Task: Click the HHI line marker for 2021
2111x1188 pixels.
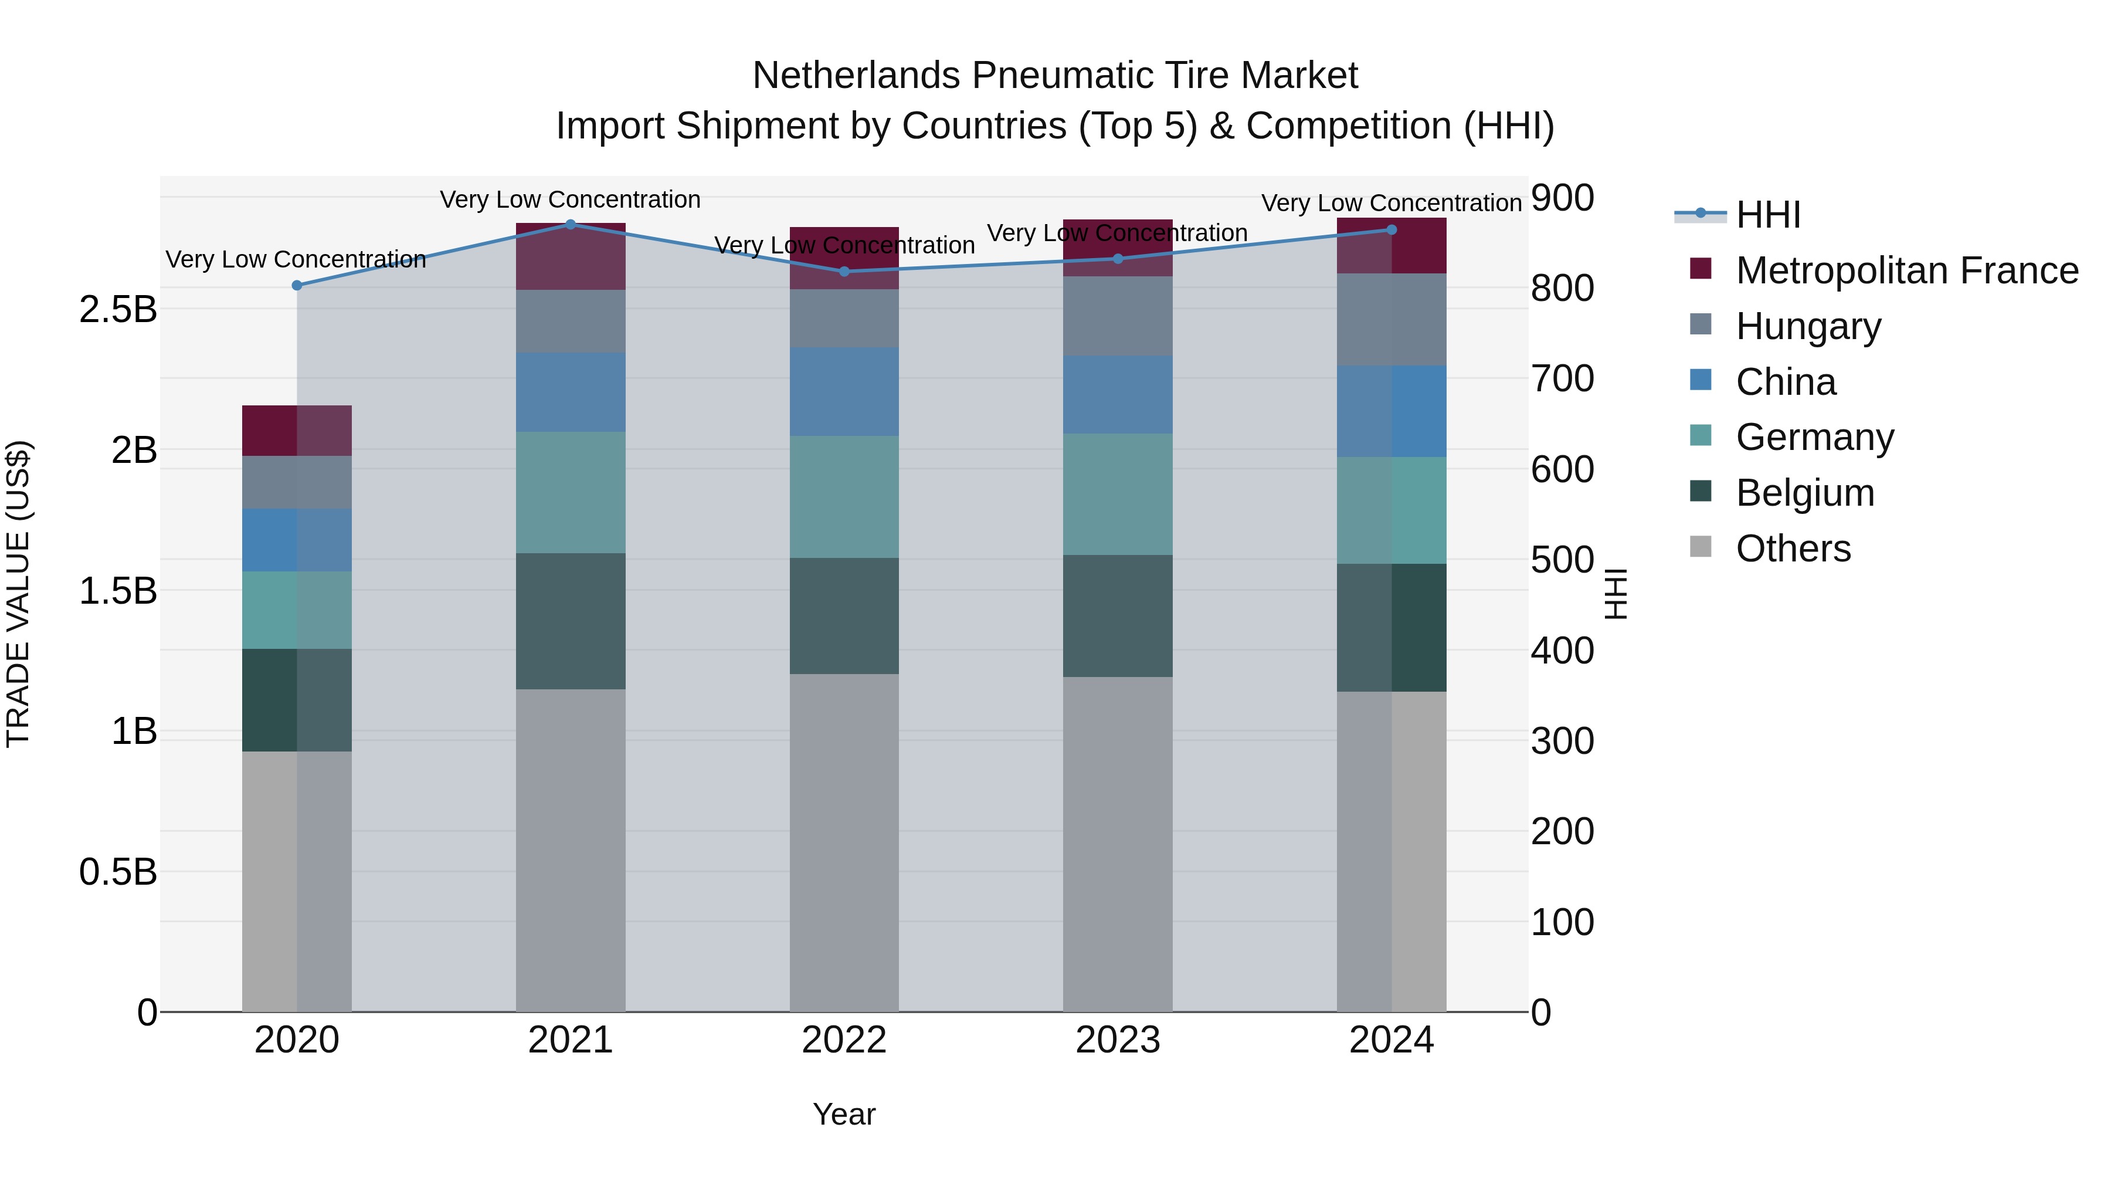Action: pyautogui.click(x=571, y=224)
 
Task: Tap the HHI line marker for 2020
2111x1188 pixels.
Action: pyautogui.click(x=297, y=285)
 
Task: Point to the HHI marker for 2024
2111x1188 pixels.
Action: pyautogui.click(x=1391, y=229)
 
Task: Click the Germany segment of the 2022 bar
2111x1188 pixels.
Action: pyautogui.click(x=844, y=497)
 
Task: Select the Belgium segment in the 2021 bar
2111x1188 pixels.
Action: pyautogui.click(x=571, y=621)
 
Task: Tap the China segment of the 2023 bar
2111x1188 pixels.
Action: pyautogui.click(x=1118, y=394)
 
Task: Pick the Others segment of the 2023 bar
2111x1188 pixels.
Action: pyautogui.click(x=1118, y=844)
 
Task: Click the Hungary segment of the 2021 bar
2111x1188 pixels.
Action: pyautogui.click(x=571, y=321)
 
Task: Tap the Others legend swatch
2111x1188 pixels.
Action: pyautogui.click(x=1701, y=547)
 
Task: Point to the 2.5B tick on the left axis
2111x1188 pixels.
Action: pyautogui.click(x=118, y=310)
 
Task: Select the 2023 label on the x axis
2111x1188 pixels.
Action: pyautogui.click(x=1118, y=1040)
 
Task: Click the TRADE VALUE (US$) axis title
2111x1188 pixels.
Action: pyautogui.click(x=18, y=594)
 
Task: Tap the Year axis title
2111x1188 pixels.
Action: pyautogui.click(x=844, y=1114)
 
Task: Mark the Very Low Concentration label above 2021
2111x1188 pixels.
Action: pyautogui.click(x=571, y=199)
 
